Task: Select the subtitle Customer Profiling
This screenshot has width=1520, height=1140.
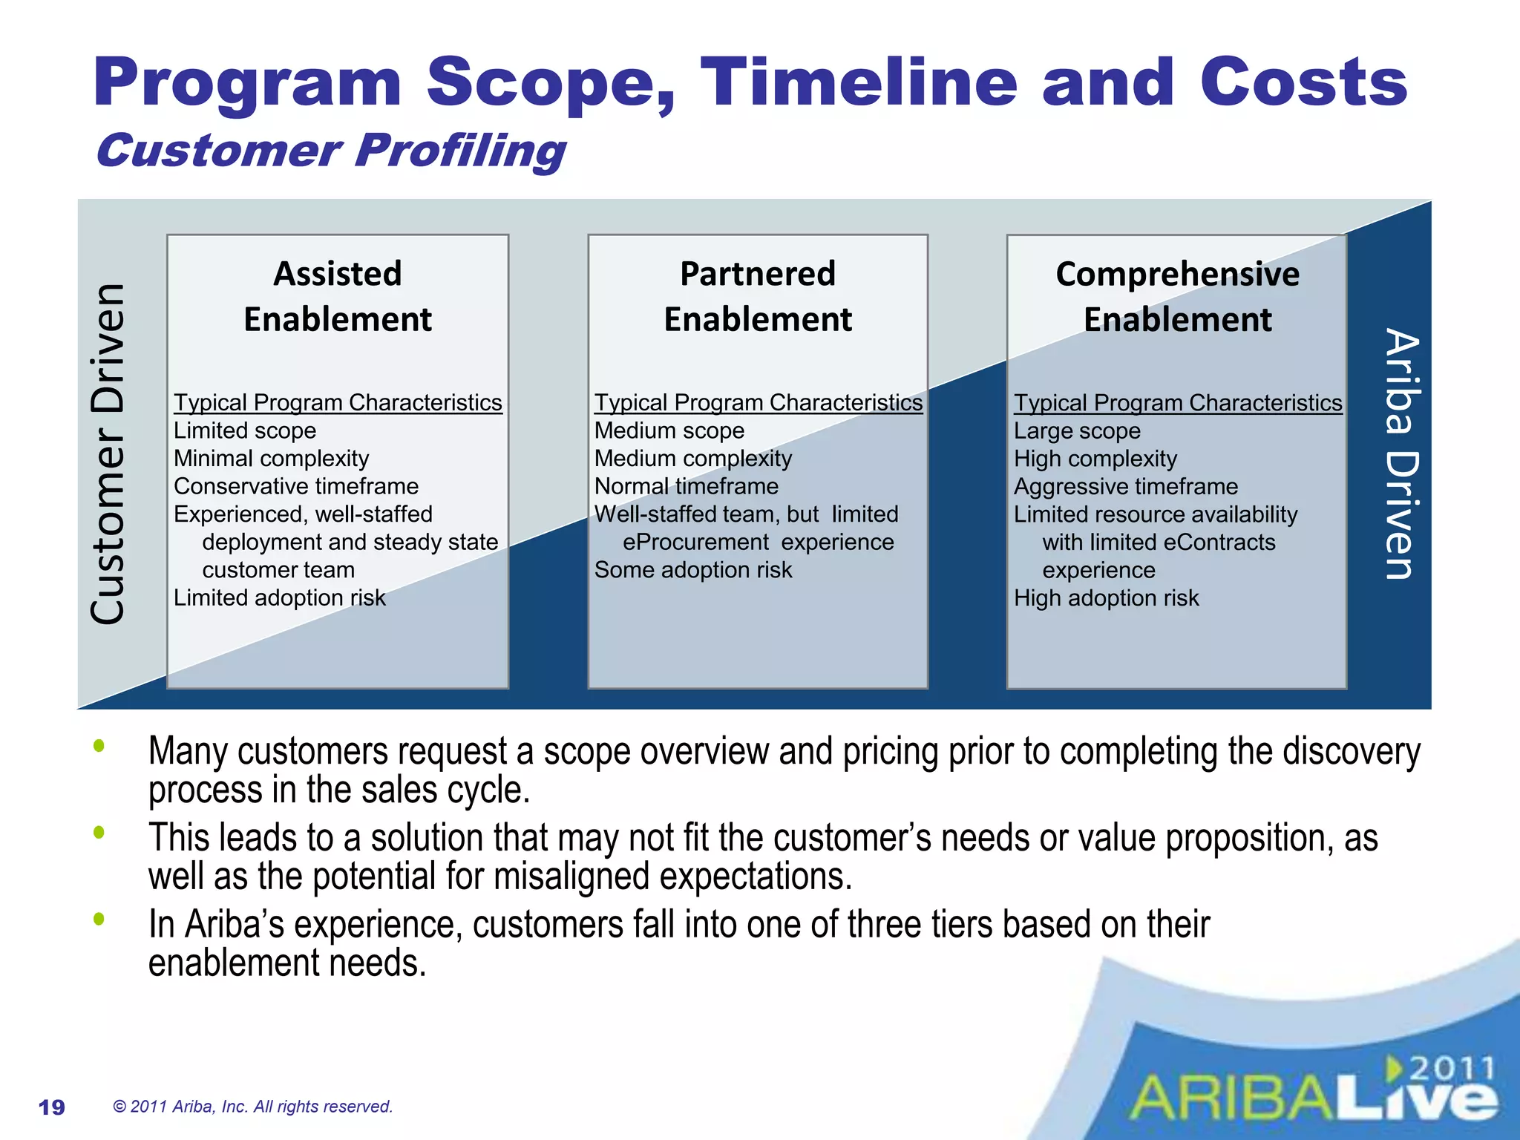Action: pyautogui.click(x=330, y=151)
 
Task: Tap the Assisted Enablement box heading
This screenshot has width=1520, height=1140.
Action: pyautogui.click(x=338, y=296)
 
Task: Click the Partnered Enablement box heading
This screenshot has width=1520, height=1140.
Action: pyautogui.click(x=758, y=296)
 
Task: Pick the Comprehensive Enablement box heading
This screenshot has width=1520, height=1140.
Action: pyautogui.click(x=1177, y=296)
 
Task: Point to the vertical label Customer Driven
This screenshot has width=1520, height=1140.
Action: pyautogui.click(x=108, y=453)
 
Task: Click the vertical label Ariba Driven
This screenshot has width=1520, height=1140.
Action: pyautogui.click(x=1401, y=453)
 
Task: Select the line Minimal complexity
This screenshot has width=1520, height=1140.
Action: pyautogui.click(x=271, y=459)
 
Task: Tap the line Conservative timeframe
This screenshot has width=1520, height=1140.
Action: pyautogui.click(x=295, y=486)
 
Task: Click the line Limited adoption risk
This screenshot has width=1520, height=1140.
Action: pyautogui.click(x=279, y=597)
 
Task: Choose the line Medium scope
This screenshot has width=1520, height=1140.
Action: pyautogui.click(x=669, y=430)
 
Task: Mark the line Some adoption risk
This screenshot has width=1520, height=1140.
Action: pyautogui.click(x=692, y=570)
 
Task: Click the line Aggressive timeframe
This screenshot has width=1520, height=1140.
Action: pyautogui.click(x=1125, y=487)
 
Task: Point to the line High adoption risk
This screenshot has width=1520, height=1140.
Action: pyautogui.click(x=1106, y=598)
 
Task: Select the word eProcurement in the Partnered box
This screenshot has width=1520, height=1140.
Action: pyautogui.click(x=695, y=543)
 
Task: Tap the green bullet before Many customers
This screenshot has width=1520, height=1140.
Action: pyautogui.click(x=99, y=746)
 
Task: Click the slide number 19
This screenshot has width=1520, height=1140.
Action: pyautogui.click(x=51, y=1107)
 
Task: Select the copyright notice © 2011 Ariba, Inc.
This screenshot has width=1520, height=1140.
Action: pyautogui.click(x=252, y=1107)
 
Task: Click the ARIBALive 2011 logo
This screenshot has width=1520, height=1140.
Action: pyautogui.click(x=1314, y=1091)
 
